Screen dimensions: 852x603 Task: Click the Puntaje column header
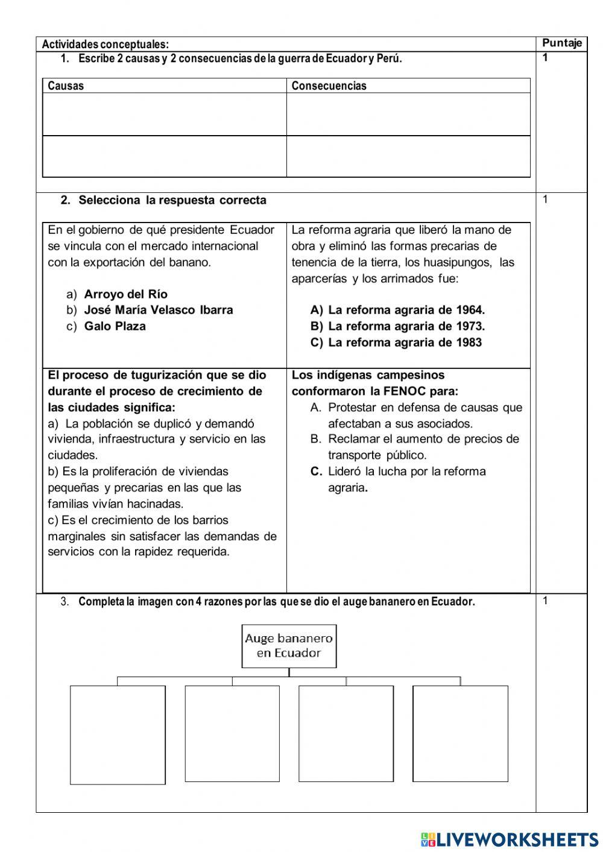(561, 43)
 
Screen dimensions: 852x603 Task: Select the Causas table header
(66, 86)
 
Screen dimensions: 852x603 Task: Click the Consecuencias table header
(329, 86)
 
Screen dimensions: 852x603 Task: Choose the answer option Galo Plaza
(115, 326)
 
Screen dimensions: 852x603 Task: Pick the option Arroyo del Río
(125, 294)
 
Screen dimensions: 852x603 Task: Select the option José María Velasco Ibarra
(158, 310)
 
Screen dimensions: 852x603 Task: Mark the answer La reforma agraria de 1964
(406, 310)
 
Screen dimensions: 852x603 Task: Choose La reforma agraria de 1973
(406, 326)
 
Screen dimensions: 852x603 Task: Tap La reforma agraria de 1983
(405, 342)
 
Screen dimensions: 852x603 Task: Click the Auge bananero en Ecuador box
(289, 646)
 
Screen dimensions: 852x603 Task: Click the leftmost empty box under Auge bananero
(118, 734)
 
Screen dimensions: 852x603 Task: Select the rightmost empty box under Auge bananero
(460, 733)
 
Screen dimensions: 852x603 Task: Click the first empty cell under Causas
(164, 114)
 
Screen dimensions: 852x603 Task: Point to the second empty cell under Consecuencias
(408, 156)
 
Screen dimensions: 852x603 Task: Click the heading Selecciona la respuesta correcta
(172, 200)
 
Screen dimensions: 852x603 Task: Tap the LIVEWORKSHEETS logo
(509, 839)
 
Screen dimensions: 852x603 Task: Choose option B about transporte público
(423, 447)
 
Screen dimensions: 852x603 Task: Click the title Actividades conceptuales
(105, 44)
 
